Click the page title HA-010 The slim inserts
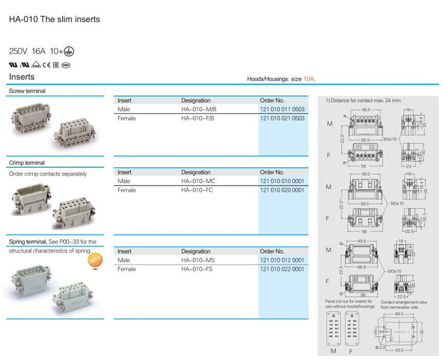click(54, 19)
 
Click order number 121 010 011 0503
click(282, 110)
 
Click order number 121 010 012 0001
click(282, 260)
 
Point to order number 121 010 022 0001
click(282, 269)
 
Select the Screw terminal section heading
click(27, 91)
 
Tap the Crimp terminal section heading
click(27, 163)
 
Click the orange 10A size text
click(309, 79)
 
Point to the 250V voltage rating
click(18, 51)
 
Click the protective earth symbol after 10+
click(69, 51)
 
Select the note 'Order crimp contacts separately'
click(48, 174)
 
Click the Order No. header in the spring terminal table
click(272, 251)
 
